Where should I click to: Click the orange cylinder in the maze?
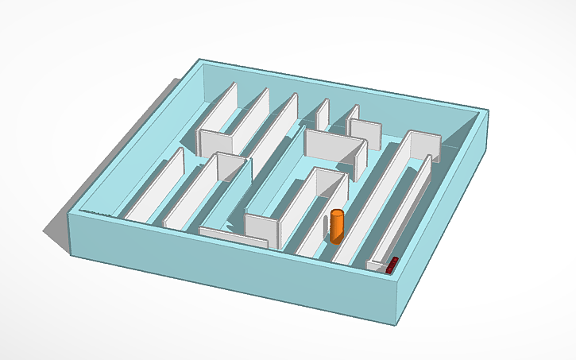click(x=337, y=227)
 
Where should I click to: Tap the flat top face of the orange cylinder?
click(x=338, y=213)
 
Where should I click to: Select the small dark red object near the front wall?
click(x=391, y=265)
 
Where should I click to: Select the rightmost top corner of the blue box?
click(x=488, y=111)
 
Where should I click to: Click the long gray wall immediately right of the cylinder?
click(x=373, y=207)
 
